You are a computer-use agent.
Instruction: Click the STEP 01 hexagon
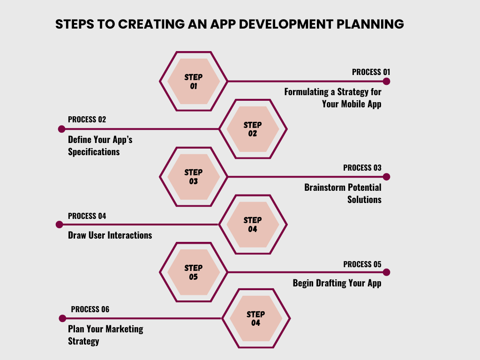point(194,82)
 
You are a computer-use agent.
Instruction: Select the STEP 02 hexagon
point(253,129)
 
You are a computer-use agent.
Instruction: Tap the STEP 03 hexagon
point(194,177)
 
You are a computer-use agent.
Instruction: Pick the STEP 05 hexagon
point(194,272)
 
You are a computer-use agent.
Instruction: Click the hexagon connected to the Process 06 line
point(256,318)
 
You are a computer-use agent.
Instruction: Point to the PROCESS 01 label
point(371,72)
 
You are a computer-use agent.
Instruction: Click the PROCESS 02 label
point(87,120)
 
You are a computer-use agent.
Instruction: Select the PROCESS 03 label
point(362,168)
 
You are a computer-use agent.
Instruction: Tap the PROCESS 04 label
point(87,216)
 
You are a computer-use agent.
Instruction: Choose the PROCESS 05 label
point(362,264)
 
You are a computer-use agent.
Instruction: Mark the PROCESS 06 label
point(90,309)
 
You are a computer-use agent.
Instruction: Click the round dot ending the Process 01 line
point(386,81)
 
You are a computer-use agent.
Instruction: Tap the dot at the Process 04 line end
point(59,225)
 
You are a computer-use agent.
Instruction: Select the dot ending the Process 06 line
point(62,318)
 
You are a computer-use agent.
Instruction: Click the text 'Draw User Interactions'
point(110,235)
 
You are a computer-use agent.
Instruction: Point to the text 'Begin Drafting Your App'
point(337,283)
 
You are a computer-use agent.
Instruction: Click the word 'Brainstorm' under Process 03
point(324,187)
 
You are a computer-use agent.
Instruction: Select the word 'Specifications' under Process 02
point(94,152)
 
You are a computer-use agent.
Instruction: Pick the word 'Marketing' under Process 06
point(125,329)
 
